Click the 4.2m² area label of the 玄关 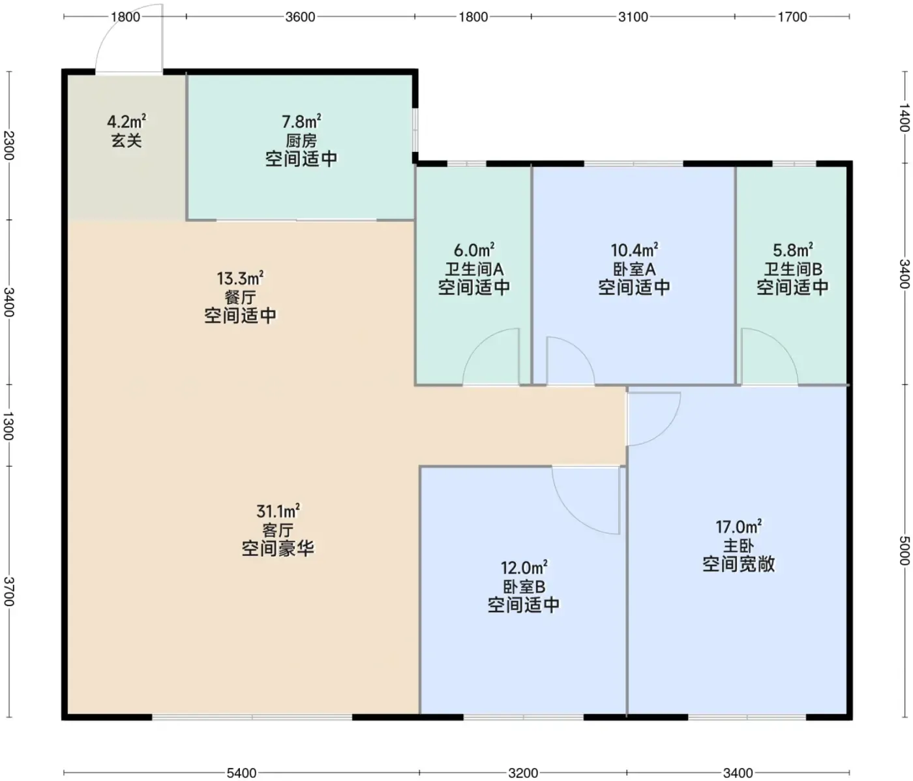pyautogui.click(x=127, y=121)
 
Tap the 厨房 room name pyautogui.click(x=301, y=140)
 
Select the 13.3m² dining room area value pyautogui.click(x=240, y=279)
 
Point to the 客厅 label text pyautogui.click(x=278, y=530)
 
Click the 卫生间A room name pyautogui.click(x=474, y=269)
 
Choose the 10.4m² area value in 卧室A pyautogui.click(x=635, y=250)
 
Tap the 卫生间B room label pyautogui.click(x=793, y=269)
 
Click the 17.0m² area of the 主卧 pyautogui.click(x=738, y=527)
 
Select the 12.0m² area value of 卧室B pyautogui.click(x=524, y=568)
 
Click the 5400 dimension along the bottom pyautogui.click(x=241, y=773)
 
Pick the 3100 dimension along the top pyautogui.click(x=633, y=17)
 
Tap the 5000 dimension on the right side pyautogui.click(x=904, y=550)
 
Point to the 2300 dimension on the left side pyautogui.click(x=9, y=145)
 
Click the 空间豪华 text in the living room pyautogui.click(x=278, y=549)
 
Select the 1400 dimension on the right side pyautogui.click(x=904, y=117)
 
